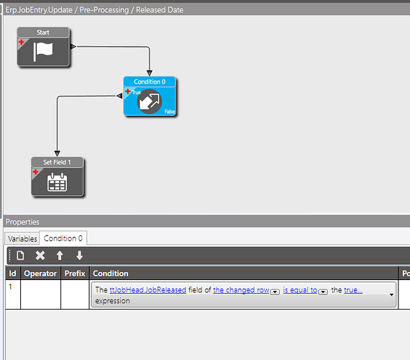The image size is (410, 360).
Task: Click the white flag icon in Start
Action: tap(43, 52)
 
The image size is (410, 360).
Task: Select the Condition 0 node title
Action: tap(150, 81)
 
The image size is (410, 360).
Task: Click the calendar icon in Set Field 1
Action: tap(58, 182)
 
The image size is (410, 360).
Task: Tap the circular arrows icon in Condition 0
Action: tap(150, 102)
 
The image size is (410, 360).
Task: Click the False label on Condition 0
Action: tap(170, 112)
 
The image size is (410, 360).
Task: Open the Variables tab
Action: tap(22, 239)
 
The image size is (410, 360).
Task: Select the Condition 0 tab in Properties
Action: tap(63, 238)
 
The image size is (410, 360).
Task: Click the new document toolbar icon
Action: tap(20, 256)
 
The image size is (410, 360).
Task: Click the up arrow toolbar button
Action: tap(60, 256)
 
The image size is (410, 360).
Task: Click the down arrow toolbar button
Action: tap(80, 256)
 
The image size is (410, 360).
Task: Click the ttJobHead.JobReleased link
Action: tap(147, 290)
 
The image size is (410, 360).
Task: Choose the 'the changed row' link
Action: tap(241, 290)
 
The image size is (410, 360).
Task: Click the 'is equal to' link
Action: tap(300, 290)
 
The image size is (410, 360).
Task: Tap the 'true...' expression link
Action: tap(353, 290)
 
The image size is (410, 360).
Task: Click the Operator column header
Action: tap(40, 274)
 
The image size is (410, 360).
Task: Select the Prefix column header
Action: tap(75, 274)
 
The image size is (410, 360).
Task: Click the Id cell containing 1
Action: tap(11, 287)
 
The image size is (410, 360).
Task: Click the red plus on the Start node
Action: tap(22, 42)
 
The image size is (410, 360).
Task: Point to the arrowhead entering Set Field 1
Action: tap(58, 153)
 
